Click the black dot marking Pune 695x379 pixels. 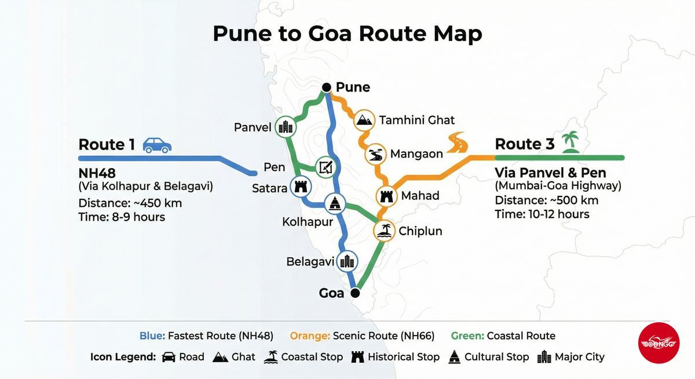327,88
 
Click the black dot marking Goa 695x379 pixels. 355,293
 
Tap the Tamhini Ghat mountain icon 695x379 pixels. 365,120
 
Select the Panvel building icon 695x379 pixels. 285,127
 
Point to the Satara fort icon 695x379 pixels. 300,187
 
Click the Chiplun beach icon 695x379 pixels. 383,231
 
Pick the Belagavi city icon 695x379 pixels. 347,261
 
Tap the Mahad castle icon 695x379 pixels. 386,196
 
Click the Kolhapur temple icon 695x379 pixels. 335,203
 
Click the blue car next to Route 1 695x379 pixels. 157,145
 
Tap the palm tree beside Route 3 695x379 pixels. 571,142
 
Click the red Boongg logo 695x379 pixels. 659,342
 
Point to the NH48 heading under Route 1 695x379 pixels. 97,173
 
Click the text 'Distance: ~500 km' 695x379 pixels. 546,201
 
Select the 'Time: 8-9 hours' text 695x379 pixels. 122,217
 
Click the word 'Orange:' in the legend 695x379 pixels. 309,336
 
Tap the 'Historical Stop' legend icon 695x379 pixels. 358,357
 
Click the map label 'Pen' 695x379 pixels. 274,167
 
